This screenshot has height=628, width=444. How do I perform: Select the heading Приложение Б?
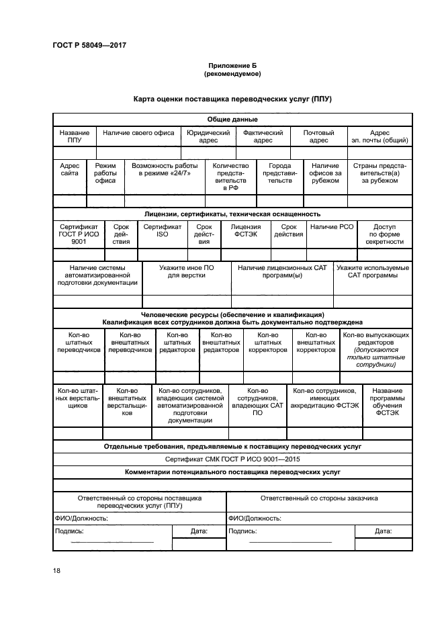click(232, 65)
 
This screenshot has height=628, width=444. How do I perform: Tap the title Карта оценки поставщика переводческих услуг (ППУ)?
click(232, 99)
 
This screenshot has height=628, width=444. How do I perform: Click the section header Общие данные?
click(232, 119)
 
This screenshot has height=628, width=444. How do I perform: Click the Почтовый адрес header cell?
click(318, 136)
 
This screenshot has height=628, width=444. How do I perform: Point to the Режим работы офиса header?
click(105, 173)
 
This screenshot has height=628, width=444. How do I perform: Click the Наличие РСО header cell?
click(332, 227)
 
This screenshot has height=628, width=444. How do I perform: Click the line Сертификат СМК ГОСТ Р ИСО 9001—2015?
click(232, 459)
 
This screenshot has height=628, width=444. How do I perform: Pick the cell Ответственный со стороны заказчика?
click(318, 498)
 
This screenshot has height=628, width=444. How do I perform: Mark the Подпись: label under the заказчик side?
click(243, 531)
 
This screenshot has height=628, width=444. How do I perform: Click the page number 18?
click(56, 570)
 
